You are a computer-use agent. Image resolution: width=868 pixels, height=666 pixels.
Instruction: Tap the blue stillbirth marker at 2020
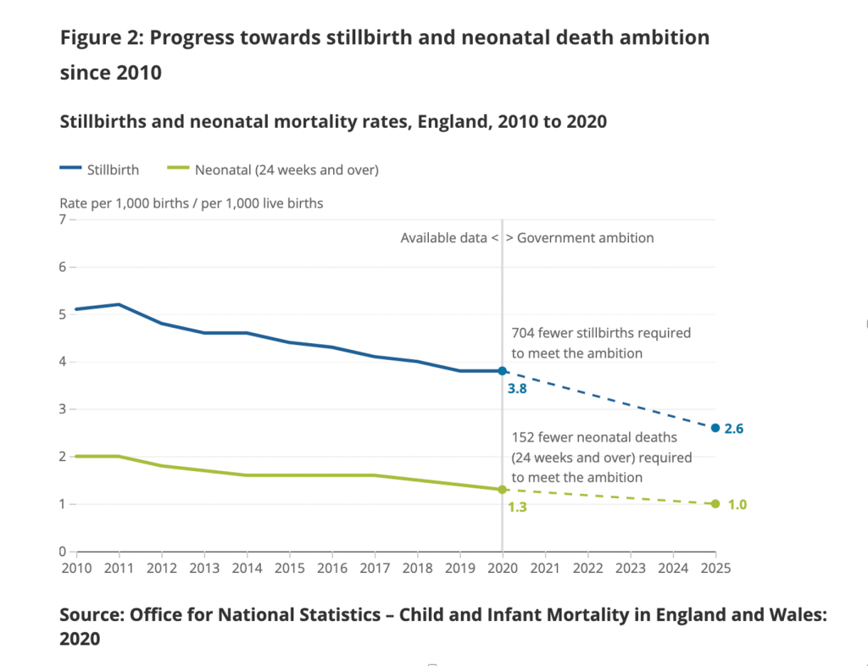click(x=502, y=371)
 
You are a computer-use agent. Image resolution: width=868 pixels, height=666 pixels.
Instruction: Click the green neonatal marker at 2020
click(x=502, y=490)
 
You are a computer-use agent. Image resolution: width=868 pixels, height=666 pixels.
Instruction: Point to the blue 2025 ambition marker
click(x=715, y=428)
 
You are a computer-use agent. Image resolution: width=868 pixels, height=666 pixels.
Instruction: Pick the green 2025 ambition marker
click(x=715, y=504)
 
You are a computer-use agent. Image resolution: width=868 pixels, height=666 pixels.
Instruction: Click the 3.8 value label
click(x=517, y=390)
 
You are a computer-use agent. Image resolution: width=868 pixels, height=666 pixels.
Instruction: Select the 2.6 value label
click(x=734, y=429)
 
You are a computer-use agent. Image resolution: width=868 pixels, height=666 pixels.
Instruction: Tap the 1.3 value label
click(x=517, y=508)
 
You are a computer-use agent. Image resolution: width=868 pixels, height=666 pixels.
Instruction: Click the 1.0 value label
click(x=737, y=505)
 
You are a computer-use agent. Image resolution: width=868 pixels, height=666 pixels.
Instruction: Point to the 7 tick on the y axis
click(x=62, y=219)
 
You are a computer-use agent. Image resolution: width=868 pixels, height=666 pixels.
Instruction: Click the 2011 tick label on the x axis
click(x=119, y=567)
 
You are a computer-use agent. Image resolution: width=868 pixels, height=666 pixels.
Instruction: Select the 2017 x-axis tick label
click(x=375, y=567)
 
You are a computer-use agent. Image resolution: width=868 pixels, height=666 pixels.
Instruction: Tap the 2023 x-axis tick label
click(x=630, y=567)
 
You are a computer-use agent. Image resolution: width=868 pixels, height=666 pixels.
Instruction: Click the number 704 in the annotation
click(x=523, y=333)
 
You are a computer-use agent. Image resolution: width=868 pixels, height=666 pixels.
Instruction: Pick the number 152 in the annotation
click(x=523, y=438)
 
